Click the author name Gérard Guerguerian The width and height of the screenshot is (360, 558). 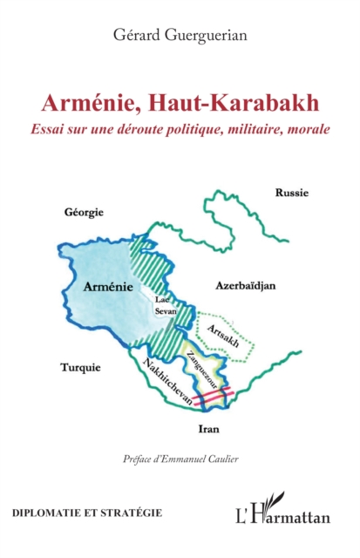click(x=180, y=34)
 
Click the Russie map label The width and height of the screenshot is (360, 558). click(x=292, y=192)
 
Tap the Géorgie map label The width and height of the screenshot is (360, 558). click(x=84, y=212)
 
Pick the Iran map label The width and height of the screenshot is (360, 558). click(x=208, y=430)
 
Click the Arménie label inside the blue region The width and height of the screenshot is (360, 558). click(x=108, y=285)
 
